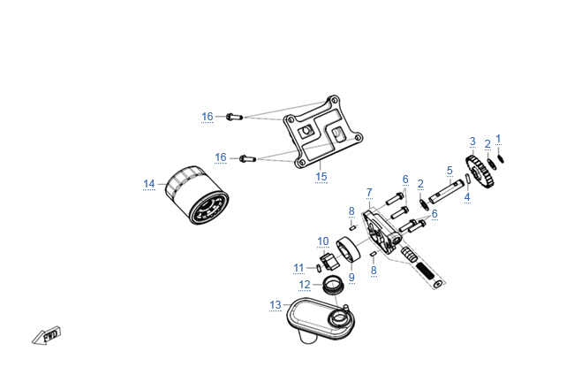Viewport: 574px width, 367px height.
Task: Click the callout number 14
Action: (x=148, y=184)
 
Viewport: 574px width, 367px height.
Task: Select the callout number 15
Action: (x=321, y=177)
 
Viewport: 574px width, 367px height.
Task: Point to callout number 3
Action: (x=472, y=141)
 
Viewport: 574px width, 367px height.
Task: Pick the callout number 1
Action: (x=498, y=139)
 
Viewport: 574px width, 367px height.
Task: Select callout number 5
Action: (x=449, y=170)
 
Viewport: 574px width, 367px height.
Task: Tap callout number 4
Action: (x=467, y=197)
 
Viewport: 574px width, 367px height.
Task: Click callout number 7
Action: (x=369, y=192)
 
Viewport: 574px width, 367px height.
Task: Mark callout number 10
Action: (x=323, y=241)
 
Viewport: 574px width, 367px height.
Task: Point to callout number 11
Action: (x=298, y=267)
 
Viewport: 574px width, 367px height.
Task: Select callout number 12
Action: (x=304, y=285)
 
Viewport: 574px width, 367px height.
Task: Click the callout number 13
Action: (x=276, y=305)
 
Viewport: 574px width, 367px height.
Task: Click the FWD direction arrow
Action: (x=46, y=336)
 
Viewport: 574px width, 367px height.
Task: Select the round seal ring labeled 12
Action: (x=333, y=285)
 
